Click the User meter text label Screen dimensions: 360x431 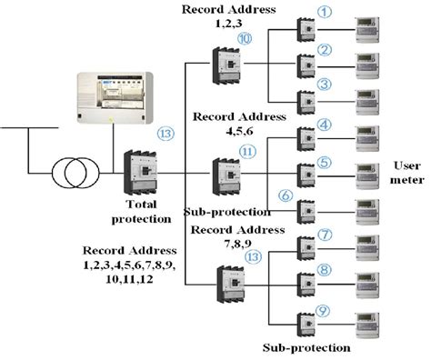point(407,173)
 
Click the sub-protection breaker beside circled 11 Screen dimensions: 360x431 point(225,175)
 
